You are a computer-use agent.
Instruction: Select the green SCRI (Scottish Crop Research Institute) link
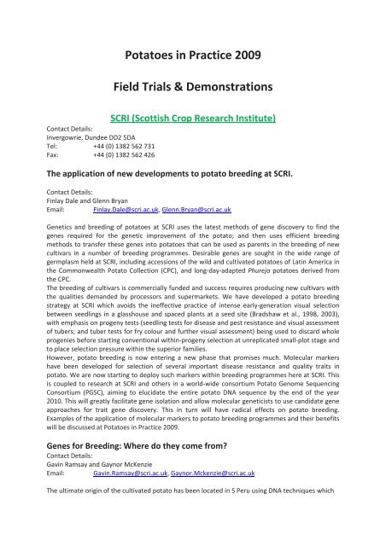click(192, 118)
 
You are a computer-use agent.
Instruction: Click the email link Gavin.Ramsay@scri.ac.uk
click(127, 519)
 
